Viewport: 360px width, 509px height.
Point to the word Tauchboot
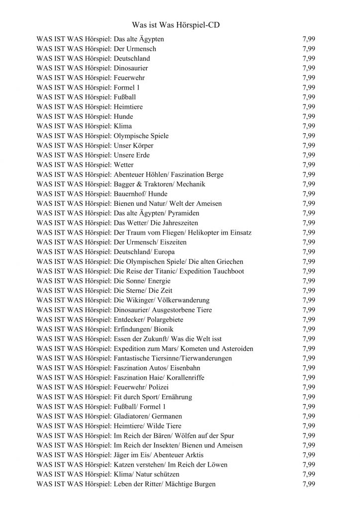(x=227, y=271)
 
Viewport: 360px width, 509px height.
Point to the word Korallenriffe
(x=182, y=378)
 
